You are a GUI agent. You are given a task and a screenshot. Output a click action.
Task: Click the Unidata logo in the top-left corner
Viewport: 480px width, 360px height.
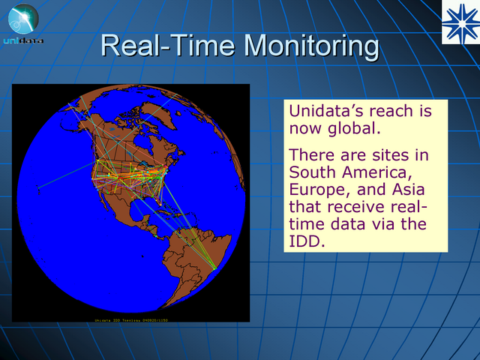(x=22, y=24)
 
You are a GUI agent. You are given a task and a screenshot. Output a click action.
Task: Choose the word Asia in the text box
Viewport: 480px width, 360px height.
(x=415, y=190)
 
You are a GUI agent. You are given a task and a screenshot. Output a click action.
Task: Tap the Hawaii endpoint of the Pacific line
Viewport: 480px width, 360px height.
(x=39, y=187)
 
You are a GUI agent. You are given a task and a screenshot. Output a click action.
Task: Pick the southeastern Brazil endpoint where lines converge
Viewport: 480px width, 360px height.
(x=215, y=268)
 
